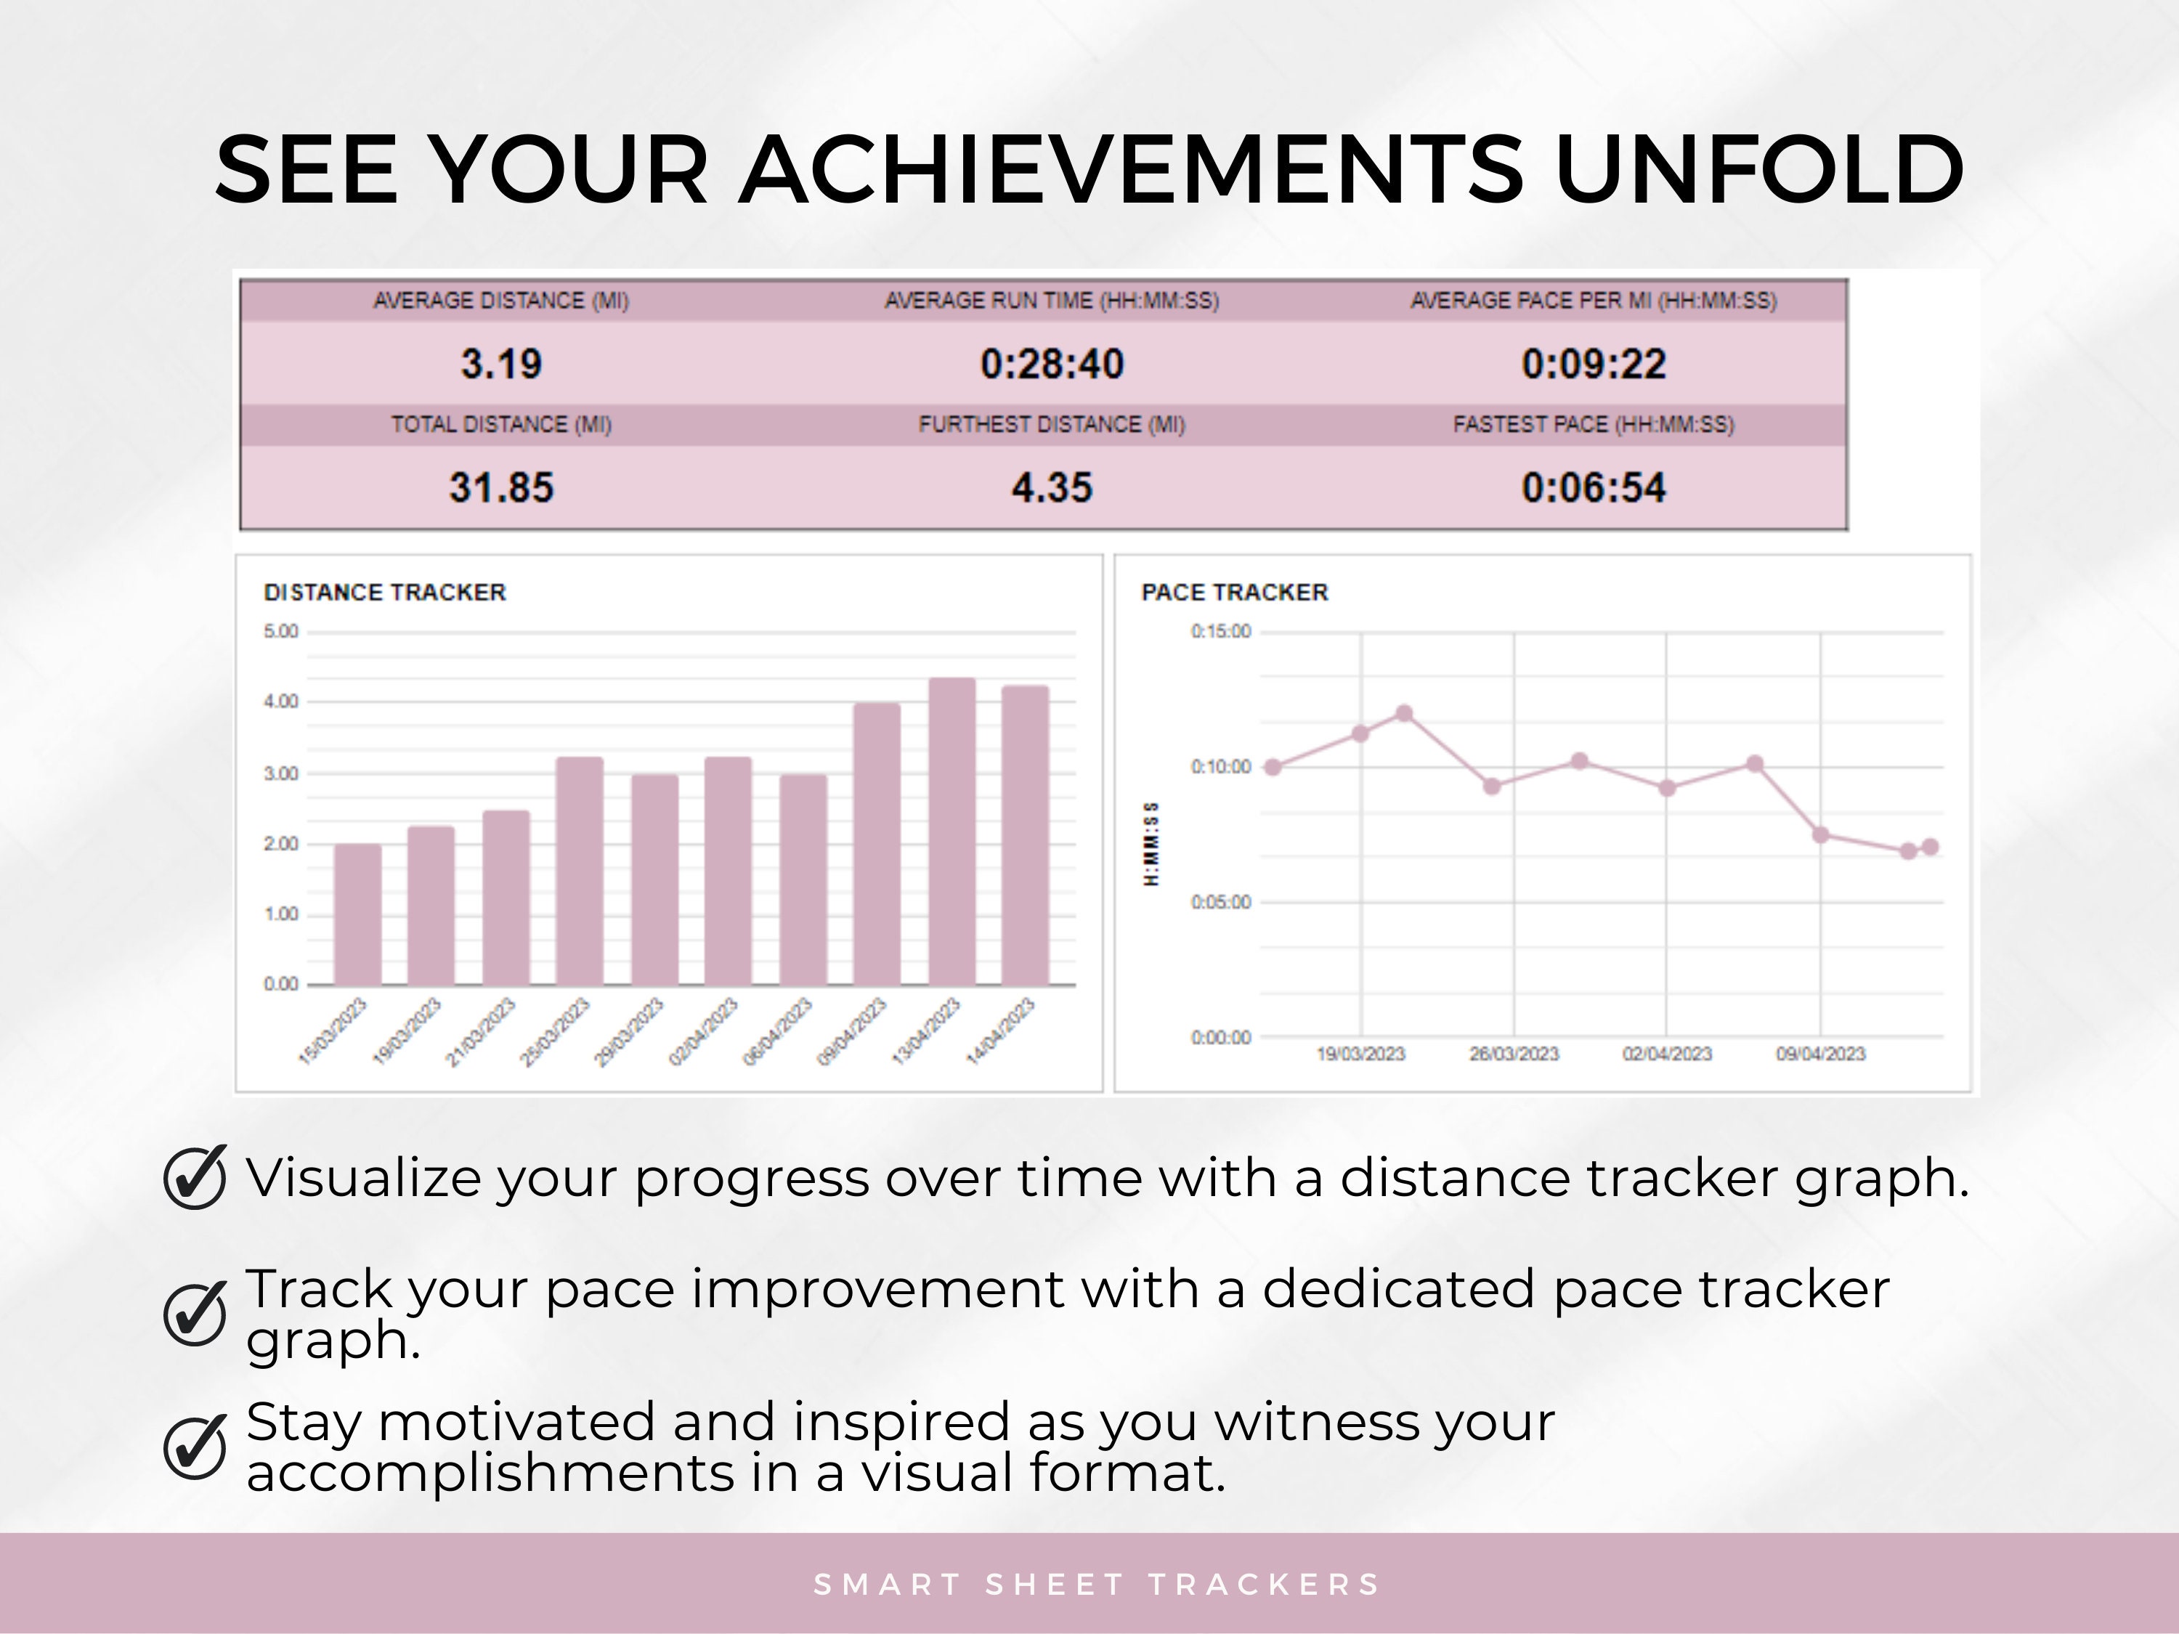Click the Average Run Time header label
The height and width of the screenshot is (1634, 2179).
pyautogui.click(x=1051, y=301)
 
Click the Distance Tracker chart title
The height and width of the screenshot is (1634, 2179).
pyautogui.click(x=384, y=593)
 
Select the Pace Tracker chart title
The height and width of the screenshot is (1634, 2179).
pyautogui.click(x=1234, y=593)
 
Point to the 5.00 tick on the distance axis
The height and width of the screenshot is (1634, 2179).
pyautogui.click(x=281, y=631)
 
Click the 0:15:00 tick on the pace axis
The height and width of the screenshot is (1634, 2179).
pyautogui.click(x=1220, y=631)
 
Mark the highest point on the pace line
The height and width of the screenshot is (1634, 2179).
pyautogui.click(x=1405, y=713)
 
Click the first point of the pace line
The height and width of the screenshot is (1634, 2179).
pyautogui.click(x=1272, y=768)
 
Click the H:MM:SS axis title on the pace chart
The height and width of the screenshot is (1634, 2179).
pyautogui.click(x=1150, y=843)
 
